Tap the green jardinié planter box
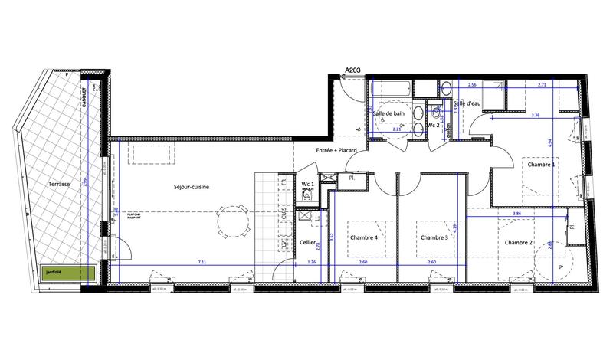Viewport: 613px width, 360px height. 66,272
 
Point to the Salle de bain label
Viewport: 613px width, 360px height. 388,113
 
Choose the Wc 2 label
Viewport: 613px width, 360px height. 433,124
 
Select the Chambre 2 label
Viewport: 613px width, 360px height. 520,242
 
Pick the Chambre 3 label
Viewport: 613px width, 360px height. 434,237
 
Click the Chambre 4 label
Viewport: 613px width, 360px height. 364,237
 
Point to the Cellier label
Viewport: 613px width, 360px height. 308,242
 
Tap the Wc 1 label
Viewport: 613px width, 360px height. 308,185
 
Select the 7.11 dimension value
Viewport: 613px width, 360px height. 202,262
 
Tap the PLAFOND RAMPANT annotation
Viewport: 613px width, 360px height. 138,217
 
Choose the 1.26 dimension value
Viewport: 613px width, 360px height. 311,262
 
